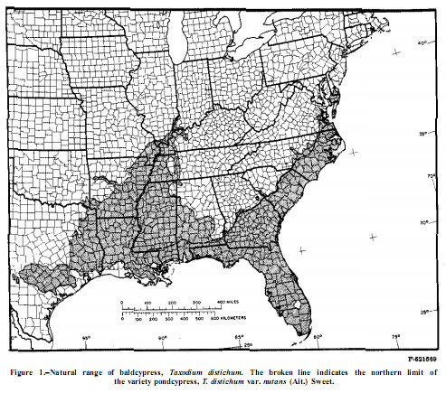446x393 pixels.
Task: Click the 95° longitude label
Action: pos(87,338)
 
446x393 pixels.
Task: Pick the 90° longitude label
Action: pos(164,338)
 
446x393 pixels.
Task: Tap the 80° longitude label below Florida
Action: pos(318,338)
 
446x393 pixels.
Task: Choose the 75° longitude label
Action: pos(395,338)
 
